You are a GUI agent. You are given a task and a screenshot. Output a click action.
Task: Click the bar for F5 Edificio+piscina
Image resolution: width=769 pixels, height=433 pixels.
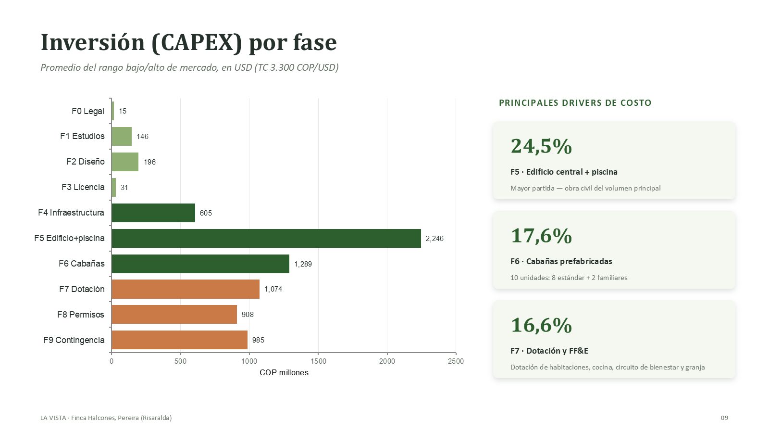(266, 238)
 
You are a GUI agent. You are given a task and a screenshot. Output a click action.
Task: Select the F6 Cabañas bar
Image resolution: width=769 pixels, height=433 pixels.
(200, 264)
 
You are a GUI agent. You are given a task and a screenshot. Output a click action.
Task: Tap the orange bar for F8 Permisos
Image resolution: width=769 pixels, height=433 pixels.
(174, 315)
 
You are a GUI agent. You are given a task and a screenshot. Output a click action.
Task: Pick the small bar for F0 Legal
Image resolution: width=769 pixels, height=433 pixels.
(112, 111)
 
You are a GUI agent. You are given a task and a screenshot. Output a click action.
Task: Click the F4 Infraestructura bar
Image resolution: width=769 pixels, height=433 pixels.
(153, 213)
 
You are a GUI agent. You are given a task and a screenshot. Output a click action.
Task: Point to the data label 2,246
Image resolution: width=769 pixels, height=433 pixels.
(434, 239)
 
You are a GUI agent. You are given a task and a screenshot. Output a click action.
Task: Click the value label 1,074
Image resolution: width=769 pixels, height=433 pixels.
(273, 289)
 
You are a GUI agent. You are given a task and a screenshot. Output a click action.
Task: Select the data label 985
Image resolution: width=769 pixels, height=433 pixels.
(258, 340)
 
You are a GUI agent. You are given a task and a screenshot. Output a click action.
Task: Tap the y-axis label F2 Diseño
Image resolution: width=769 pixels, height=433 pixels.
(86, 162)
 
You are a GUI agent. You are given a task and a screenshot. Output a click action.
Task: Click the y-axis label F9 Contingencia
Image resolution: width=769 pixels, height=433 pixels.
(74, 340)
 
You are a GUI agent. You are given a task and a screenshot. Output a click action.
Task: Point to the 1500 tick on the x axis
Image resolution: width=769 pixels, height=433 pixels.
(318, 361)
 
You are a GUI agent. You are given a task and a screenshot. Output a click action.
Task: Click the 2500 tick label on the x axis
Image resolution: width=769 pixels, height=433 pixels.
(456, 361)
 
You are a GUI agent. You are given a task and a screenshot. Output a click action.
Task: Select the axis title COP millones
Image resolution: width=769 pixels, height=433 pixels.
(284, 372)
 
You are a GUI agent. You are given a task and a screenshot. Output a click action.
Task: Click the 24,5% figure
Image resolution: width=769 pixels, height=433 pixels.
(541, 146)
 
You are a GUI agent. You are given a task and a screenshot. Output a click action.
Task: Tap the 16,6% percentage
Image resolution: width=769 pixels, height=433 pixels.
(541, 325)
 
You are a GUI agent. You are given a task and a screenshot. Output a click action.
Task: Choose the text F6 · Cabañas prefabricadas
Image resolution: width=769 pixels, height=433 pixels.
(561, 261)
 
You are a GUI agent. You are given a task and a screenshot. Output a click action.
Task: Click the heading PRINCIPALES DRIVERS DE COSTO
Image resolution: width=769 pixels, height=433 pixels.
(575, 103)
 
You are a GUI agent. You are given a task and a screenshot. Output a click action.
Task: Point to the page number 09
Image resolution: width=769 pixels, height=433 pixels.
(724, 418)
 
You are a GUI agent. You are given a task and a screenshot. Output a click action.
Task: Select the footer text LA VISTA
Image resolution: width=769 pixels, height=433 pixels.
(53, 418)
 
